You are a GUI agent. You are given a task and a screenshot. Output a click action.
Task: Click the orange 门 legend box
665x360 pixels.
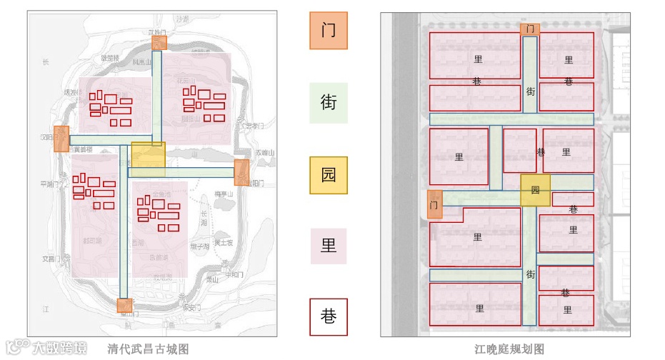[x=329, y=31]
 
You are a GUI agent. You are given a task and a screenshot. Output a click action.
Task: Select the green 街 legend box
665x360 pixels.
[x=329, y=103]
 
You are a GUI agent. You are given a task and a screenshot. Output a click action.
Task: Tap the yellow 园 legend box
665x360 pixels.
[x=329, y=175]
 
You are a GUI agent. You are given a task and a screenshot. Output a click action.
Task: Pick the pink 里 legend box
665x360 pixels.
[x=329, y=246]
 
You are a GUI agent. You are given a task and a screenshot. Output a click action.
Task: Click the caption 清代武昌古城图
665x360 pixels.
[x=148, y=349]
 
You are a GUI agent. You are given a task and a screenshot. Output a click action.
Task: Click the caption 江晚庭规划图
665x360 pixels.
[x=510, y=349]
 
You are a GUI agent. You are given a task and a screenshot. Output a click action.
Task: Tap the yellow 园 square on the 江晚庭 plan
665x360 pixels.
[x=535, y=191]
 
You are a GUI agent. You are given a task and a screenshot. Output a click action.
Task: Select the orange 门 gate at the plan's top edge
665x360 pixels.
[x=529, y=29]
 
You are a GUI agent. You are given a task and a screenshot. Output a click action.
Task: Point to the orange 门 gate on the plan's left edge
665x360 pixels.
[x=434, y=204]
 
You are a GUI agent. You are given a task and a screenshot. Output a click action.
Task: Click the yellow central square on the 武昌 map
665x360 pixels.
[x=148, y=159]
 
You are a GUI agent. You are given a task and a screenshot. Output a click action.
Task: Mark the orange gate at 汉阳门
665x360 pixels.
[x=61, y=139]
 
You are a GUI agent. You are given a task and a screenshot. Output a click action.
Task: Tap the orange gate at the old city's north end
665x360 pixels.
[x=159, y=42]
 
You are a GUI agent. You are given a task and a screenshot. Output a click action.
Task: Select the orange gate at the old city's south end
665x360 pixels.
[x=124, y=306]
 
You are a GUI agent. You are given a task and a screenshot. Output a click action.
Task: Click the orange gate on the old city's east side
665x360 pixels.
[x=241, y=173]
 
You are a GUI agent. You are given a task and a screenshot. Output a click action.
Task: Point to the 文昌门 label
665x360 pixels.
[x=48, y=259]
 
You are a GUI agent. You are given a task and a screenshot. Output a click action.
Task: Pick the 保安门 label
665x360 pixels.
[x=189, y=309]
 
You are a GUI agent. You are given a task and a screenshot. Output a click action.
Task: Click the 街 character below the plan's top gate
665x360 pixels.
[x=531, y=91]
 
